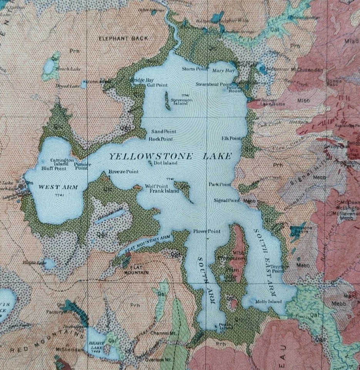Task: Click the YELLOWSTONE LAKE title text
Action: (x=170, y=156)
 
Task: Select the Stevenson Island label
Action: (x=181, y=101)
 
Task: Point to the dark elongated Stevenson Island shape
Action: (x=167, y=101)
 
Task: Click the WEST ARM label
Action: (x=58, y=187)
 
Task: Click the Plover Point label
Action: (x=207, y=231)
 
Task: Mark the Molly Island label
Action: (x=269, y=301)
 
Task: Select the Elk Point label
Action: (x=231, y=138)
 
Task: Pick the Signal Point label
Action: (x=227, y=200)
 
